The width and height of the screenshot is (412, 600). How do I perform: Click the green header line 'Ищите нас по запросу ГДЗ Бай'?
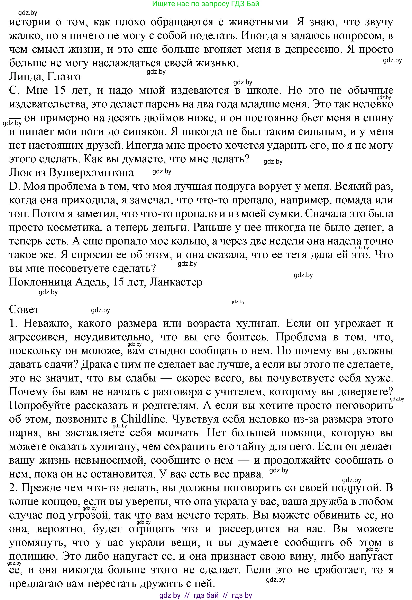point(205,4)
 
